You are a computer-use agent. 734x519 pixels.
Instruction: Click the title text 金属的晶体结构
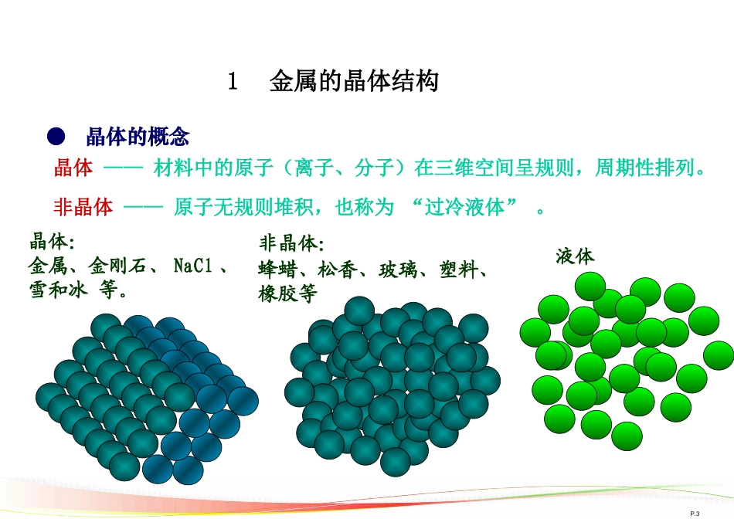pos(354,82)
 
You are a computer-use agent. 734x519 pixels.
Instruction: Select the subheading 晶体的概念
pos(138,137)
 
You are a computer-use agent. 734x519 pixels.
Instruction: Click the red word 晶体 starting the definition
pos(73,168)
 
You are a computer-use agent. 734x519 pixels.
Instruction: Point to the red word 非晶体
pos(83,206)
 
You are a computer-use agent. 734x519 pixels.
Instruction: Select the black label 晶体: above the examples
pos(52,242)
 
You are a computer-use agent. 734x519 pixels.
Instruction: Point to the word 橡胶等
pos(287,294)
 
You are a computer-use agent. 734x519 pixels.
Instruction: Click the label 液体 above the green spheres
pos(575,256)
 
